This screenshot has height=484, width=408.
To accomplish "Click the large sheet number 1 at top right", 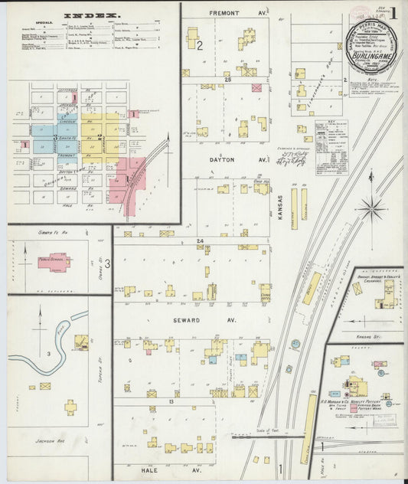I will pos(393,13).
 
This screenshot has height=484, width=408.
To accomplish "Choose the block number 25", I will pos(227,80).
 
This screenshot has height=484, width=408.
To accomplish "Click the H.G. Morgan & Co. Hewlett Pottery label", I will pos(353,401).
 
